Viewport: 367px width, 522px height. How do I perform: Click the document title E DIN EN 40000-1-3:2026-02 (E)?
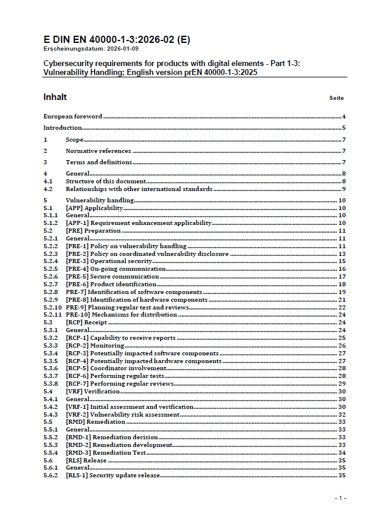pyautogui.click(x=117, y=40)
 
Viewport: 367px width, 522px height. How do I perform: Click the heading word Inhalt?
pyautogui.click(x=55, y=97)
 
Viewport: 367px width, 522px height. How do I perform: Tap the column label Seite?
pyautogui.click(x=337, y=98)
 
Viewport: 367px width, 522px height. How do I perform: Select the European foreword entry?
pyautogui.click(x=73, y=117)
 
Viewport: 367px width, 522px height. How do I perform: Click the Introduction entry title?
pyautogui.click(x=62, y=128)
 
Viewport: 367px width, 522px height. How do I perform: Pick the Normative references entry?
pyautogui.click(x=98, y=151)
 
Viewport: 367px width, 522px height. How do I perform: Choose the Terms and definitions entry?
pyautogui.click(x=99, y=162)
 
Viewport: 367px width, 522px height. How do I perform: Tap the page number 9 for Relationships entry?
pyautogui.click(x=344, y=189)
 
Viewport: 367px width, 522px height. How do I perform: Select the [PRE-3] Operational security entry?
pyautogui.click(x=109, y=261)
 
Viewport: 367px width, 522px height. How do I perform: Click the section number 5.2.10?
pyautogui.click(x=52, y=307)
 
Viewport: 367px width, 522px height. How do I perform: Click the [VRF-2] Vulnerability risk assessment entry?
pyautogui.click(x=123, y=414)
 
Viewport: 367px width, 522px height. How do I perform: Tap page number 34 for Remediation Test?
pyautogui.click(x=342, y=453)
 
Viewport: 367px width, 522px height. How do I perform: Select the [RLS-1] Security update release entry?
pyautogui.click(x=113, y=476)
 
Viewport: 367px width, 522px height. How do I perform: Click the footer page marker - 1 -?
pyautogui.click(x=340, y=498)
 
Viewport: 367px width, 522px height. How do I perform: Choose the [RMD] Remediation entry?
pyautogui.click(x=95, y=422)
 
